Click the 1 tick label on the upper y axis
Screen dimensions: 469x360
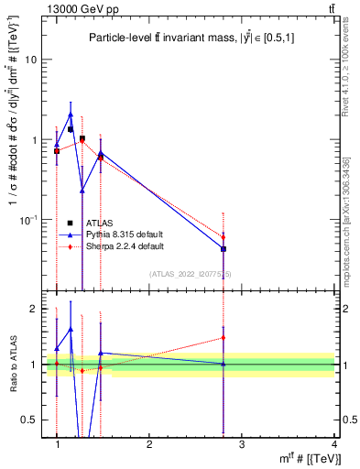click(33, 140)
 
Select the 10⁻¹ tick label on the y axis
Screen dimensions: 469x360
click(28, 220)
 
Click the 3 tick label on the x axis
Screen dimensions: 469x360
click(242, 444)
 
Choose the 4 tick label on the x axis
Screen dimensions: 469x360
click(334, 444)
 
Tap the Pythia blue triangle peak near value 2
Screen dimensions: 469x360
click(71, 115)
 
